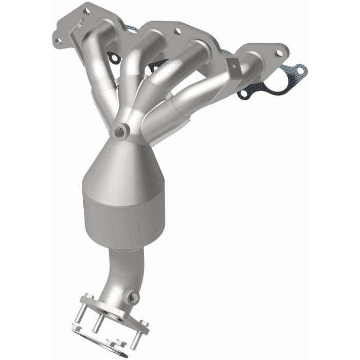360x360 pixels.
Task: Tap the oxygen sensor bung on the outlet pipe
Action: click(x=133, y=297)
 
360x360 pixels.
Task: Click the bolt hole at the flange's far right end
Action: click(x=279, y=53)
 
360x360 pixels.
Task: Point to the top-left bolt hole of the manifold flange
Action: click(x=86, y=10)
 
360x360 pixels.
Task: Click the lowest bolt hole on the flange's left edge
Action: click(x=59, y=41)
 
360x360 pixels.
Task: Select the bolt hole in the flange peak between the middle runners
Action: click(x=177, y=31)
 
